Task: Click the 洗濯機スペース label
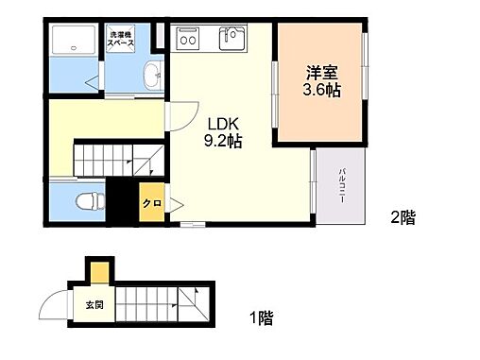(120, 41)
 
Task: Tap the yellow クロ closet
(149, 202)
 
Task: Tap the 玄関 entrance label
(95, 304)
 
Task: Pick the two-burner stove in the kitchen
(187, 40)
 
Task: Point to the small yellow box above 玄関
(98, 273)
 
